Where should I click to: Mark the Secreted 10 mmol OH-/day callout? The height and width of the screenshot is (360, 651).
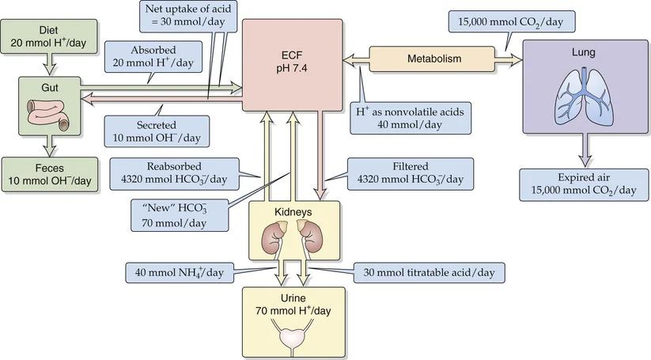tap(157, 130)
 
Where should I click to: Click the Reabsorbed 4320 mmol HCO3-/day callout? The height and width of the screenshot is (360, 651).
tap(173, 172)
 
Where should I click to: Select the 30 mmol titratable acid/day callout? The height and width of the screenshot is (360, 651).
tap(429, 272)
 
